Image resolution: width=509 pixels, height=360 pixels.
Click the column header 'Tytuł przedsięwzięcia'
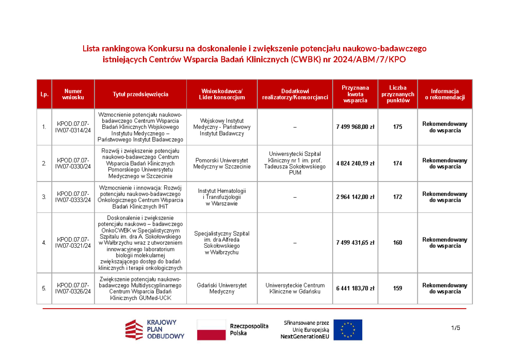140,94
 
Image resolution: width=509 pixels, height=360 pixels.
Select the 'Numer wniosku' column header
73,94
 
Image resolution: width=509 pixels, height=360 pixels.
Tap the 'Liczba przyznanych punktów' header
397,94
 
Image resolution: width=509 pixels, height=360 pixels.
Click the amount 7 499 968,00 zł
355,127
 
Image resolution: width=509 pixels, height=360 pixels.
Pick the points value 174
397,163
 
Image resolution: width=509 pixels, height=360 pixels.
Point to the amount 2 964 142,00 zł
355,197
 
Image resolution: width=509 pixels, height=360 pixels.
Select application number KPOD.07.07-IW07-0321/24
73,243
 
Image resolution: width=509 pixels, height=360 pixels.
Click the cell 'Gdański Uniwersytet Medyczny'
222,288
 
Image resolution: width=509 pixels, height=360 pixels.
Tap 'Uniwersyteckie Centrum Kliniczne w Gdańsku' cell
295,288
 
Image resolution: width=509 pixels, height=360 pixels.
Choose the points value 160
397,243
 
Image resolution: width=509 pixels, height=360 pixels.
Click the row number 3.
44,197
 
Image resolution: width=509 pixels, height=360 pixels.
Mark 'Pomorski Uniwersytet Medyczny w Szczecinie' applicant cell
222,163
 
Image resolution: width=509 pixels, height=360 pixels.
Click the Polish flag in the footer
211,329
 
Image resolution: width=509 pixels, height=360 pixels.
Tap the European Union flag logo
348,329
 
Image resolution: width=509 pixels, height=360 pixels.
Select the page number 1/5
456,328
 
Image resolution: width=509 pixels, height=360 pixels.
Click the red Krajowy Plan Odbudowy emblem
134,329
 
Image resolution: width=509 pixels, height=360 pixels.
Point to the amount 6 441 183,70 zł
355,288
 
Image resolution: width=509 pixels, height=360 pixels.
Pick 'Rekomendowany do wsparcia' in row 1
445,127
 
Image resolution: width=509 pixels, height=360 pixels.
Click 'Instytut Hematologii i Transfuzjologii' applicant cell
222,197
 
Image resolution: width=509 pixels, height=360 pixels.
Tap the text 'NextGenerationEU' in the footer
305,336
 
